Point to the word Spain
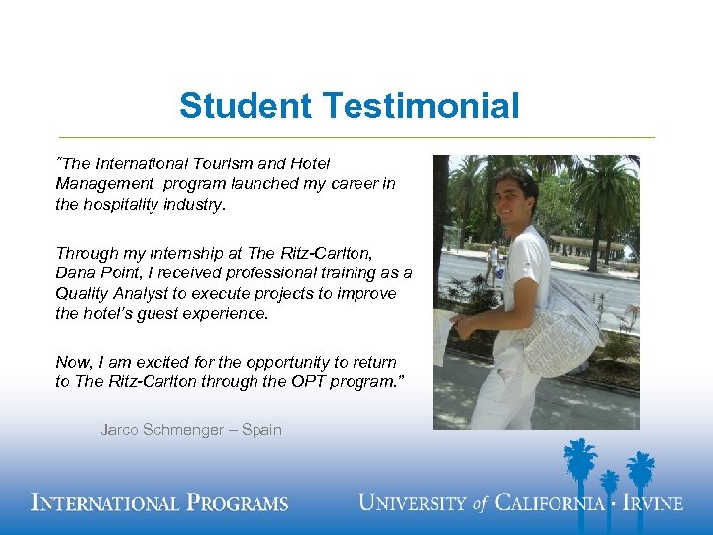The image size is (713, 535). coord(260,430)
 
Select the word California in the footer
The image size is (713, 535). coord(549,503)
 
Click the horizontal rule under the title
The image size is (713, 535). coord(356,137)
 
